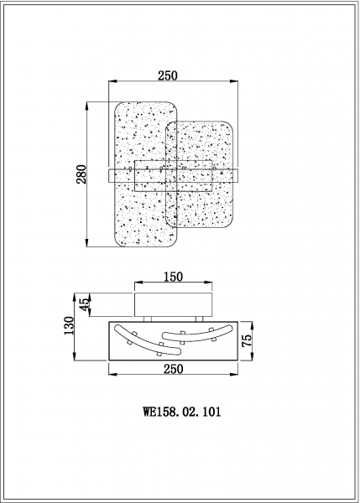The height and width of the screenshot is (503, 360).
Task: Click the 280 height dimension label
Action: [81, 174]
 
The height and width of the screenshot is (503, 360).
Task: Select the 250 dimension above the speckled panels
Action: [167, 75]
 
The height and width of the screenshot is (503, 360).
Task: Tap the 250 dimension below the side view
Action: [174, 369]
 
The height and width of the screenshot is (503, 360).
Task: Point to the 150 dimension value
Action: [173, 277]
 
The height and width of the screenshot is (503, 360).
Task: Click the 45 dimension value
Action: [85, 304]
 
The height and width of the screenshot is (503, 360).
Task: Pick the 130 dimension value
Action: [69, 325]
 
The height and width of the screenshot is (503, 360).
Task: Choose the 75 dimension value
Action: [247, 340]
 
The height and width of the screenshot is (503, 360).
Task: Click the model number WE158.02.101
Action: [182, 412]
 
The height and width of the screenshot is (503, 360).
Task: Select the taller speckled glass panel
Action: [146, 174]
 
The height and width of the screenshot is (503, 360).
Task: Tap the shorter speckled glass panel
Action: [199, 175]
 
